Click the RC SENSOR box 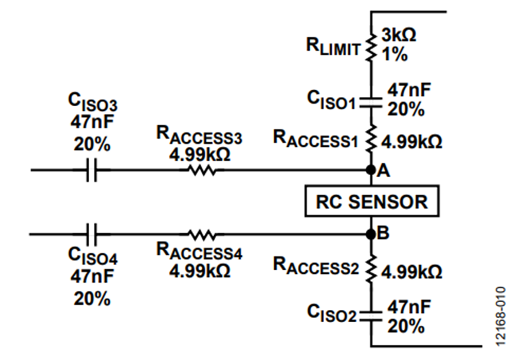pos(372,201)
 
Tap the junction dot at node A pos(371,169)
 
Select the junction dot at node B pos(371,234)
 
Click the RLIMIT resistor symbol pos(371,47)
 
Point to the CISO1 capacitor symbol pos(371,103)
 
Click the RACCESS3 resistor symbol pos(202,169)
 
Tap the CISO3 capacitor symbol pos(91,169)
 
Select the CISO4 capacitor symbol pos(91,234)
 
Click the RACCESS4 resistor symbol pos(202,234)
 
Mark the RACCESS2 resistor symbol pos(371,269)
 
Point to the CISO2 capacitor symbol pos(371,315)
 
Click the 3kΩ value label pos(399,35)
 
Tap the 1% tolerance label pos(395,54)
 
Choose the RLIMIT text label pos(333,47)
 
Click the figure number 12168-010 pos(500,316)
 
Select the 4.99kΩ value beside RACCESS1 pos(412,142)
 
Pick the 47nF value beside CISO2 pos(409,307)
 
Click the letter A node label pos(383,171)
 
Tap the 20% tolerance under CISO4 pos(92,299)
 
